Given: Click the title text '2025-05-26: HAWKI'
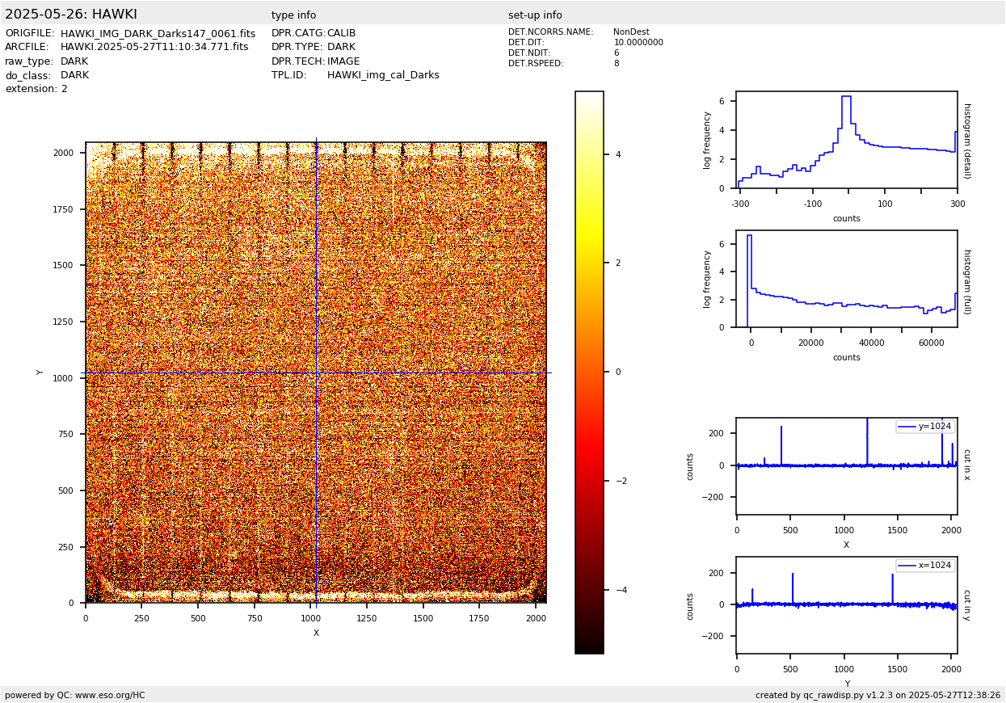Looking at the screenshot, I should pos(71,15).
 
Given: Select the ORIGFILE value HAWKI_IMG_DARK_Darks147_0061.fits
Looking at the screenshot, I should pos(158,34).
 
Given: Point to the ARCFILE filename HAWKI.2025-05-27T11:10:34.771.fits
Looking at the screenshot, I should pos(154,48).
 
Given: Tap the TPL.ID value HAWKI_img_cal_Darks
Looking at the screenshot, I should pos(383,75).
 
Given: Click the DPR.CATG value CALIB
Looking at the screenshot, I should pos(341,34).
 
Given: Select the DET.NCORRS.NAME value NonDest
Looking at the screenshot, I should pos(631,32).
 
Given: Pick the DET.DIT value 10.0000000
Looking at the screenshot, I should pos(638,43).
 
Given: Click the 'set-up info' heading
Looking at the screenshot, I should pos(535,15).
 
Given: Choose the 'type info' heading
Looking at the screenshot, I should pos(293,15).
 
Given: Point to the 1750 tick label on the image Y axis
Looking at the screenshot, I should pos(65,209).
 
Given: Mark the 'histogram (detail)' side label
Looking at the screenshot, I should pos(966,141).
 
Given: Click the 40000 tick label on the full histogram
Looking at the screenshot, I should pos(871,343).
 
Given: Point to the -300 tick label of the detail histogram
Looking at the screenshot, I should pos(739,204).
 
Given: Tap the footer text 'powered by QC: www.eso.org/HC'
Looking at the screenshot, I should pos(75,695).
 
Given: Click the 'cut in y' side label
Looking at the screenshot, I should pos(966,604).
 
